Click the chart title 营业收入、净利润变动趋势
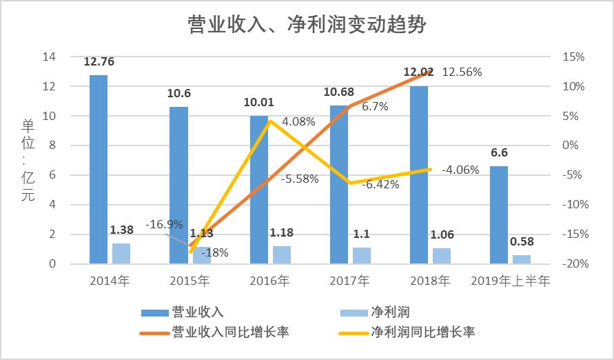click(307, 26)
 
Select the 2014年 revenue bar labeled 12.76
click(99, 169)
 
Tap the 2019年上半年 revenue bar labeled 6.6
click(499, 214)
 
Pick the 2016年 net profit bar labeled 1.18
click(281, 254)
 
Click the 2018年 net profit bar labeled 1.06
click(442, 256)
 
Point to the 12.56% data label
click(462, 72)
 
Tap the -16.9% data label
click(164, 224)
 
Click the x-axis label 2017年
click(350, 281)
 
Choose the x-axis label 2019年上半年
click(511, 281)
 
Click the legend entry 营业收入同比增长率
click(230, 332)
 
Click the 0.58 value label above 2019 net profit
click(522, 243)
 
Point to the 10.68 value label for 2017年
click(339, 92)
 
